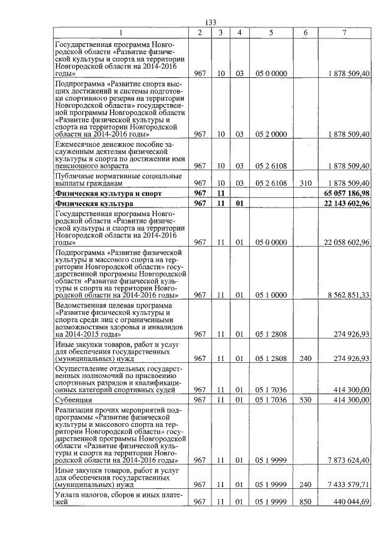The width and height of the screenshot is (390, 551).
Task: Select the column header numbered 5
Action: pyautogui.click(x=271, y=32)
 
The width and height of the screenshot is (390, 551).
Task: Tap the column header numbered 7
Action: pyautogui.click(x=344, y=32)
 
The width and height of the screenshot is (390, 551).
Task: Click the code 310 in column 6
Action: pyautogui.click(x=305, y=183)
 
